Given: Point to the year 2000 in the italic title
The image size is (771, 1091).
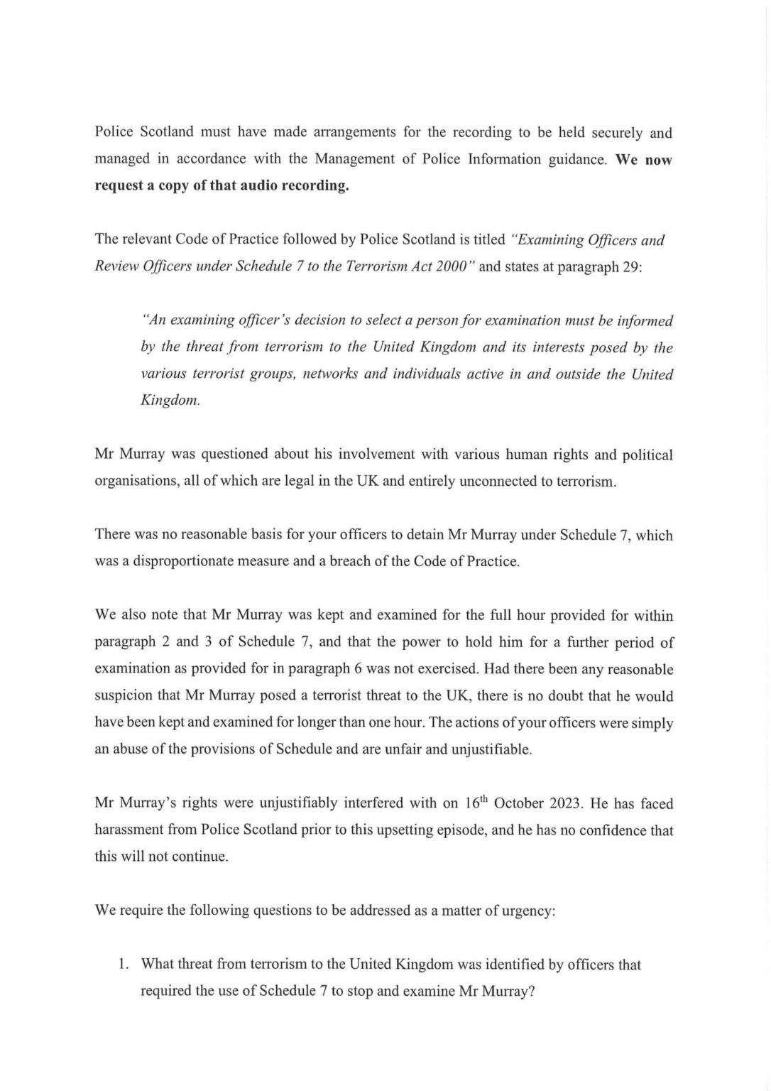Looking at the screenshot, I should [x=455, y=266].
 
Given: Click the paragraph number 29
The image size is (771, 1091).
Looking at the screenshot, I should [x=633, y=266].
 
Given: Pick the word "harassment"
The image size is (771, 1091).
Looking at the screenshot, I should [x=127, y=830].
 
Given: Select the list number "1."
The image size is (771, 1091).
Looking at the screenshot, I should [x=122, y=965].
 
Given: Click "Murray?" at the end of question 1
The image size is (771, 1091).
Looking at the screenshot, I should [x=505, y=991].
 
